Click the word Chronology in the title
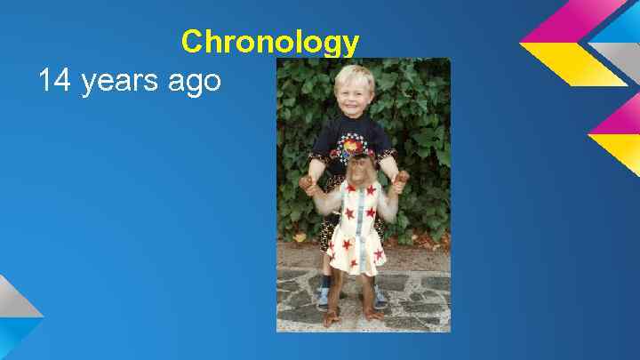[270, 42]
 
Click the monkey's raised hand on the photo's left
[308, 184]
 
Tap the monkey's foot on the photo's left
[332, 316]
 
